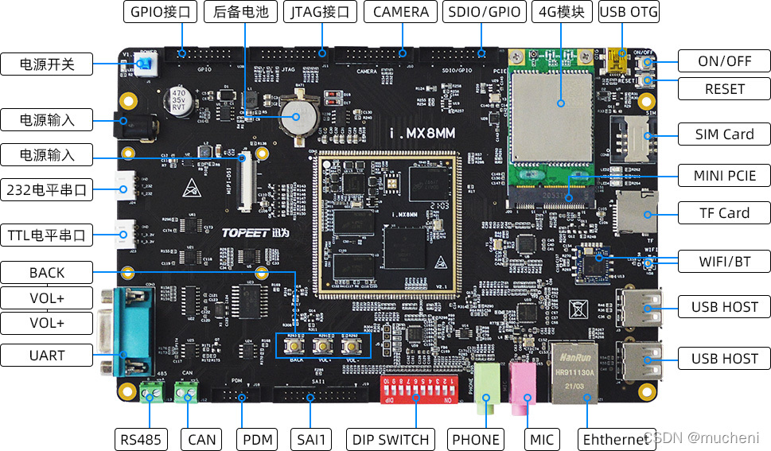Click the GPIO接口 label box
pyautogui.click(x=160, y=12)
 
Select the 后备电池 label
pyautogui.click(x=240, y=12)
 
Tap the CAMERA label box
pyautogui.click(x=400, y=12)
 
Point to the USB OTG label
pyautogui.click(x=629, y=12)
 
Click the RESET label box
pyautogui.click(x=724, y=88)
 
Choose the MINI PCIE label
pyautogui.click(x=724, y=175)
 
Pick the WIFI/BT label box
pyautogui.click(x=724, y=260)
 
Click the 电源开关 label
pyautogui.click(x=47, y=64)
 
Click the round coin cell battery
pyautogui.click(x=299, y=118)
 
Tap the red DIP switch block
pyautogui.click(x=419, y=391)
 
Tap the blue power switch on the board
pyautogui.click(x=145, y=64)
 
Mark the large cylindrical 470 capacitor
pyautogui.click(x=179, y=102)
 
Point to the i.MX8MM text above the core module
pyautogui.click(x=422, y=134)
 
